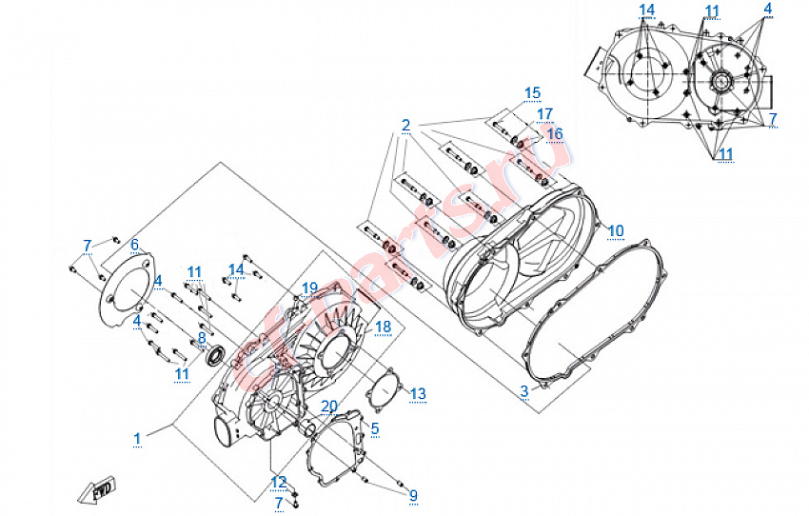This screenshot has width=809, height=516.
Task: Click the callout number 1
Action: coord(137,438)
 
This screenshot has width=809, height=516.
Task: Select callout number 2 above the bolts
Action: coord(405,126)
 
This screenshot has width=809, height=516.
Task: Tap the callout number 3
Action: coord(523,391)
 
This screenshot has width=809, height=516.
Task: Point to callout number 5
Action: coord(375,428)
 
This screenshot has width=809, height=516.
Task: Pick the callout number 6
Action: coord(134,244)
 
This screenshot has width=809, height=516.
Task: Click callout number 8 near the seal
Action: coord(201,337)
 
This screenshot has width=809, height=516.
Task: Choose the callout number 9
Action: coord(413,495)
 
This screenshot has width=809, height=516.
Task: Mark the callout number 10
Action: coord(616,230)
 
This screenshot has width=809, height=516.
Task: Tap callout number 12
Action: coord(279,481)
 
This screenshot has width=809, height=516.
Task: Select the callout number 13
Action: coord(418,393)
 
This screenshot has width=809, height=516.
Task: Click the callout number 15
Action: coord(531,92)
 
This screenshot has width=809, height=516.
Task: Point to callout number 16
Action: coord(555,133)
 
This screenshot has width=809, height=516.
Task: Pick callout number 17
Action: coord(544,113)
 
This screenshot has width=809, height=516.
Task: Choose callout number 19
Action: coord(309,288)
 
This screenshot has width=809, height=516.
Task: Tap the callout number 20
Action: coord(328,407)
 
